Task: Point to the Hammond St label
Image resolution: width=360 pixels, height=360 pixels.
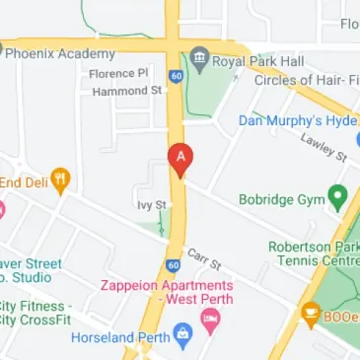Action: pyautogui.click(x=126, y=91)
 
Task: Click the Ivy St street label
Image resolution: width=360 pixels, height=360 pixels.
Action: pyautogui.click(x=150, y=205)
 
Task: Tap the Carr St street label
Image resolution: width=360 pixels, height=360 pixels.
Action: pyautogui.click(x=205, y=259)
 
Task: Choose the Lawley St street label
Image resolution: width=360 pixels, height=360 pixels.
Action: pyautogui.click(x=324, y=148)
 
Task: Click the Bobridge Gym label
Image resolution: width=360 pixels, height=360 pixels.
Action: pyautogui.click(x=281, y=199)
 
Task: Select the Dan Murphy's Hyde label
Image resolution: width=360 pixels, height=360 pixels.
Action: pyautogui.click(x=296, y=120)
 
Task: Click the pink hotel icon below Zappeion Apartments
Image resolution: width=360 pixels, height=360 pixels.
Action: pyautogui.click(x=209, y=319)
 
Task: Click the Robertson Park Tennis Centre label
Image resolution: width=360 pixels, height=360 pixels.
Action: pyautogui.click(x=313, y=253)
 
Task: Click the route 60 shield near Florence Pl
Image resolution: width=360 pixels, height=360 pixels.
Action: pyautogui.click(x=175, y=75)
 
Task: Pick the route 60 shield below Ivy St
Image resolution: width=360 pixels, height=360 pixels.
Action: pyautogui.click(x=173, y=264)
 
